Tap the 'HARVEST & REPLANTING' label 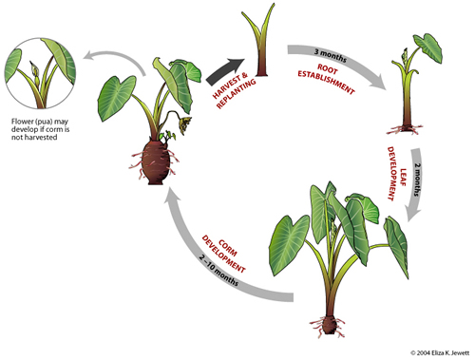[x=226, y=86]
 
